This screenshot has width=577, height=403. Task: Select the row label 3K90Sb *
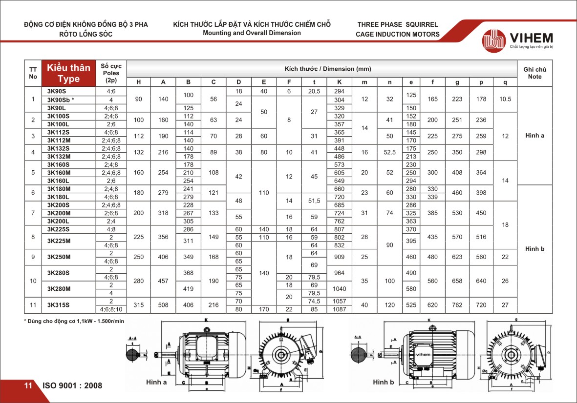60,100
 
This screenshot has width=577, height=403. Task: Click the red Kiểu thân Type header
68,73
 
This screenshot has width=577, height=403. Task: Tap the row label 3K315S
58,305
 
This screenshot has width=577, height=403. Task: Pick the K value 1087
339,309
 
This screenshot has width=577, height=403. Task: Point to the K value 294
339,91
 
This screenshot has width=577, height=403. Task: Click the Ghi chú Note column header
534,73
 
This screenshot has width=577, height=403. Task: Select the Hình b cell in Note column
534,249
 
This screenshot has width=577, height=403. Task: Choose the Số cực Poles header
111,73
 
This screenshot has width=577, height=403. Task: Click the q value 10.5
505,99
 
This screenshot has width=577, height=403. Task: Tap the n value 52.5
389,152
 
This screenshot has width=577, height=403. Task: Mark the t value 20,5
314,91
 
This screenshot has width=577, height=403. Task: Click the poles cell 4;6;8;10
111,309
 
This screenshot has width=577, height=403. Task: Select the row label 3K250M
58,257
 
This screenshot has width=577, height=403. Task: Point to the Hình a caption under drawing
156,383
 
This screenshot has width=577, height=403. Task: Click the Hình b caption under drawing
383,383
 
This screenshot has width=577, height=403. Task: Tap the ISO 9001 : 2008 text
72,386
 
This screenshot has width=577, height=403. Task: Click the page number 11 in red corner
28,386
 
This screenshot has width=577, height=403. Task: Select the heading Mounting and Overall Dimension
252,33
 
